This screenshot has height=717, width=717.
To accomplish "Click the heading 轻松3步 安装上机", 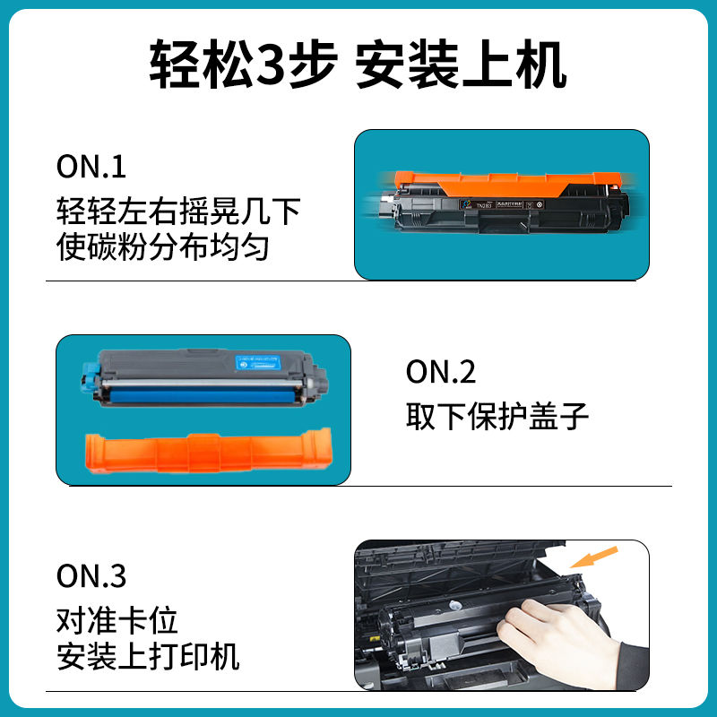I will coord(358,65).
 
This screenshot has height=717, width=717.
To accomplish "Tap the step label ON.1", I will coord(91,167).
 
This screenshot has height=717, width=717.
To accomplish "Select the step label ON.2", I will coord(441,372).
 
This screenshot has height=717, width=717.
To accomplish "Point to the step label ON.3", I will coord(91,576).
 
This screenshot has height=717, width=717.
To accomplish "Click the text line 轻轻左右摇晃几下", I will coord(177,213).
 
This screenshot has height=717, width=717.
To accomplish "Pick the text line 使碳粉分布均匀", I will coord(162,246).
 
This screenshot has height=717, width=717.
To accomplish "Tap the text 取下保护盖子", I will coord(497,415).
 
